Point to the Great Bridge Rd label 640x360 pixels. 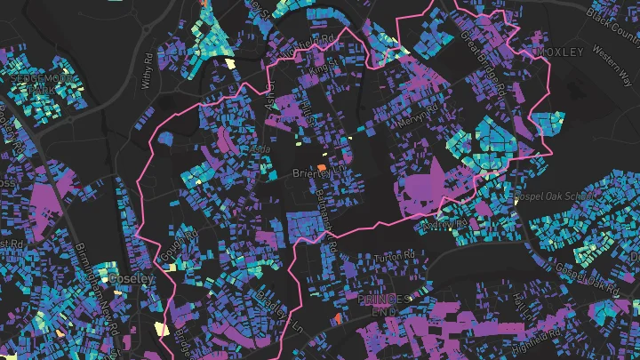(x=486, y=65)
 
